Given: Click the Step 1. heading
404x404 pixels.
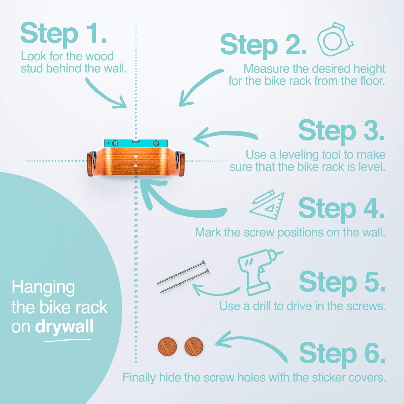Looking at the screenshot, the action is click(x=64, y=34).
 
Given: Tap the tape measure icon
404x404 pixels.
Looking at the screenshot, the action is click(x=335, y=39).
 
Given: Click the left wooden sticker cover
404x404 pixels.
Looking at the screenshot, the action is click(x=167, y=346).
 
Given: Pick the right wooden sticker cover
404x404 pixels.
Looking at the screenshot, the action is click(x=194, y=346).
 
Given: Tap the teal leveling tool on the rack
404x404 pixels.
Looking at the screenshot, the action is click(x=136, y=143).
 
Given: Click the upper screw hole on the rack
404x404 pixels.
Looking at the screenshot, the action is click(x=136, y=156).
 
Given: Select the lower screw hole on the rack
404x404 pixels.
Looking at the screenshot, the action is click(x=136, y=166).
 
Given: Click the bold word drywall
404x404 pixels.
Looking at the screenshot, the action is click(x=64, y=327).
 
